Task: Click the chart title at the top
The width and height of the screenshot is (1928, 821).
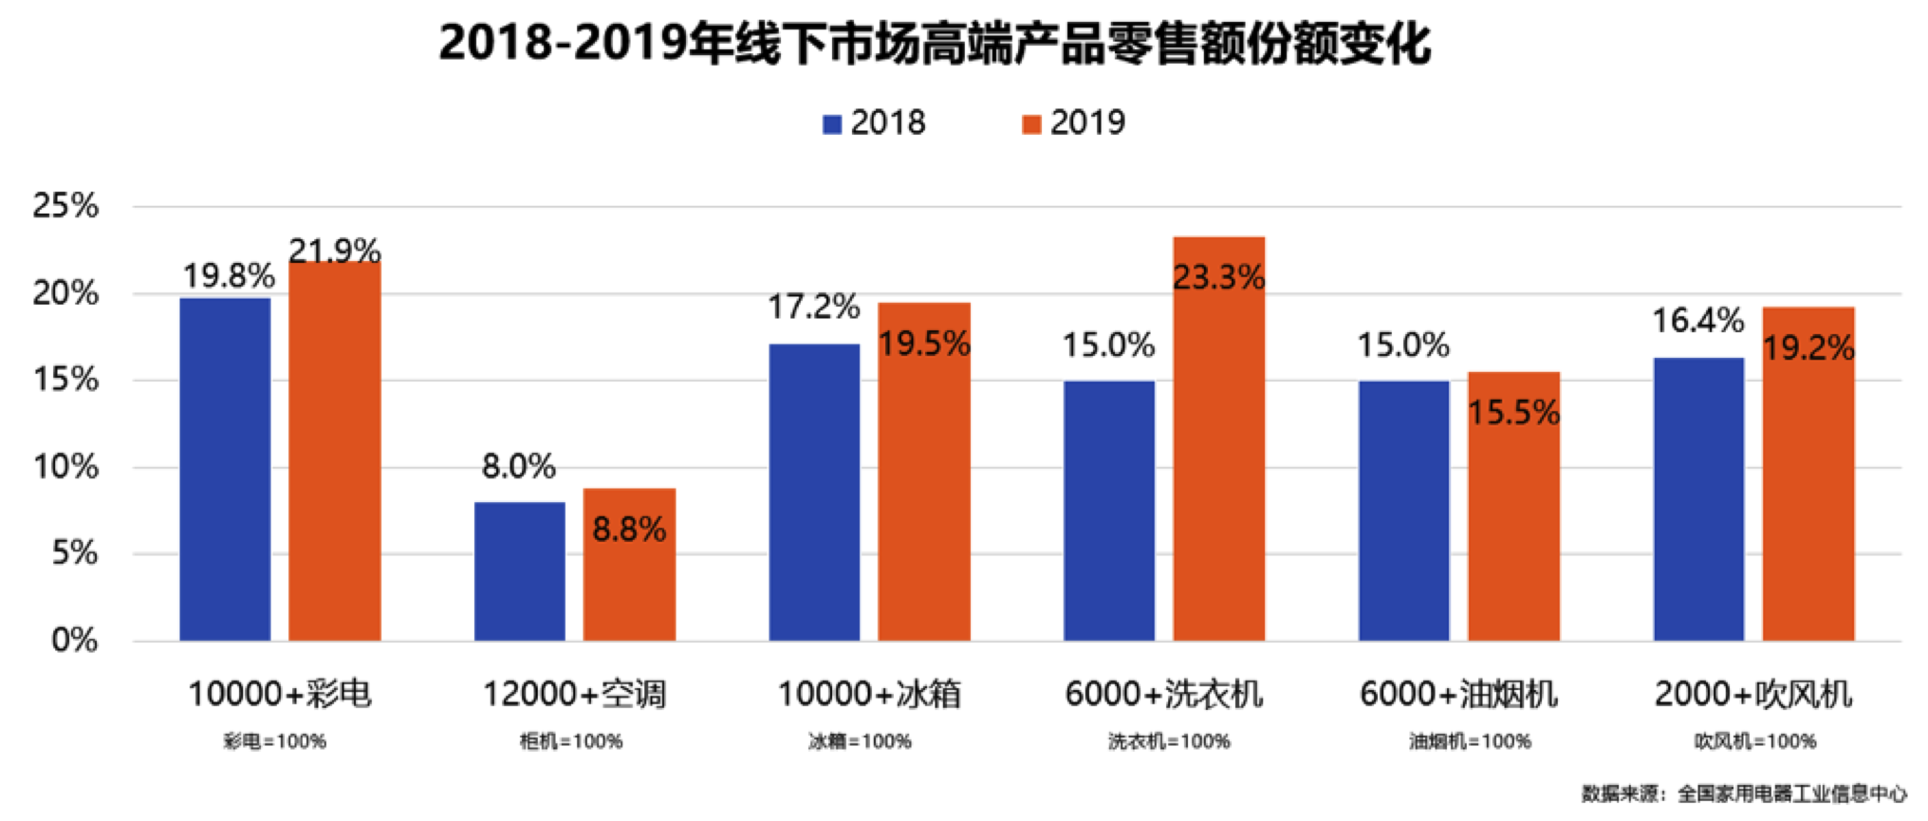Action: tap(935, 44)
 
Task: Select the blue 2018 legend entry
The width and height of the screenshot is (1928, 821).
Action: tap(873, 123)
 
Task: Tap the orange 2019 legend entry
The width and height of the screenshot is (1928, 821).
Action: tap(1073, 123)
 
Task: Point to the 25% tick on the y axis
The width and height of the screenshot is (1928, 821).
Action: tap(65, 206)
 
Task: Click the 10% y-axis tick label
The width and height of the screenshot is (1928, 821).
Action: tap(65, 467)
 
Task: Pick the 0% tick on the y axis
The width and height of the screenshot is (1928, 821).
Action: tap(74, 641)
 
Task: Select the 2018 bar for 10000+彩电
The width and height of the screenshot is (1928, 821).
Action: tap(225, 470)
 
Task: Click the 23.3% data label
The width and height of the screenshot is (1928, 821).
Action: tap(1218, 277)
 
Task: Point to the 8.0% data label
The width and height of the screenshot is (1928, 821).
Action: tap(518, 466)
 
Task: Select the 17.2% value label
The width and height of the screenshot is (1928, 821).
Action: tap(813, 307)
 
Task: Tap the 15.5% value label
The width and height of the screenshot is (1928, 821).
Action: tap(1513, 412)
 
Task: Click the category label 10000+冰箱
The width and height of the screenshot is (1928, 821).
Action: tap(869, 694)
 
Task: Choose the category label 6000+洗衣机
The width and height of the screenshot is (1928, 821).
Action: tap(1163, 694)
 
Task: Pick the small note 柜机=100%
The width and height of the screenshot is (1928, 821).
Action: tap(571, 741)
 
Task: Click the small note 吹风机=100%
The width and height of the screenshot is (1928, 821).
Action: tap(1754, 741)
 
